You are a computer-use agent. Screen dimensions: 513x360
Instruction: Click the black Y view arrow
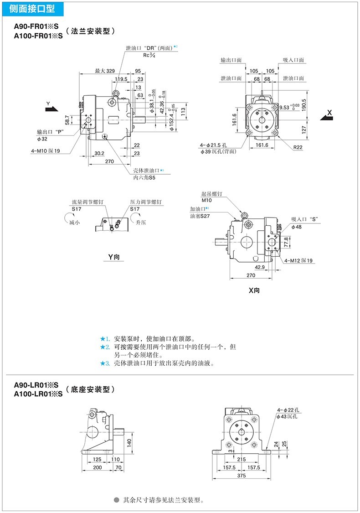point(52,109)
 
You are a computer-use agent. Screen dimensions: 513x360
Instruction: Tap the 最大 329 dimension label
point(104,71)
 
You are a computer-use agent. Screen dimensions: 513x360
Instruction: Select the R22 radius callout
point(298,147)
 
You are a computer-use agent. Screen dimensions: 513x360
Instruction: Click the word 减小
point(74,223)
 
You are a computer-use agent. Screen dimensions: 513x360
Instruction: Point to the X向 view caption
point(254,290)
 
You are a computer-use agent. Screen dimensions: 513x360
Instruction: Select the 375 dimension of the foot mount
point(242,476)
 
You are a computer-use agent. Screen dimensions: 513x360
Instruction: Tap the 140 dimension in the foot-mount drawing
point(129,442)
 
